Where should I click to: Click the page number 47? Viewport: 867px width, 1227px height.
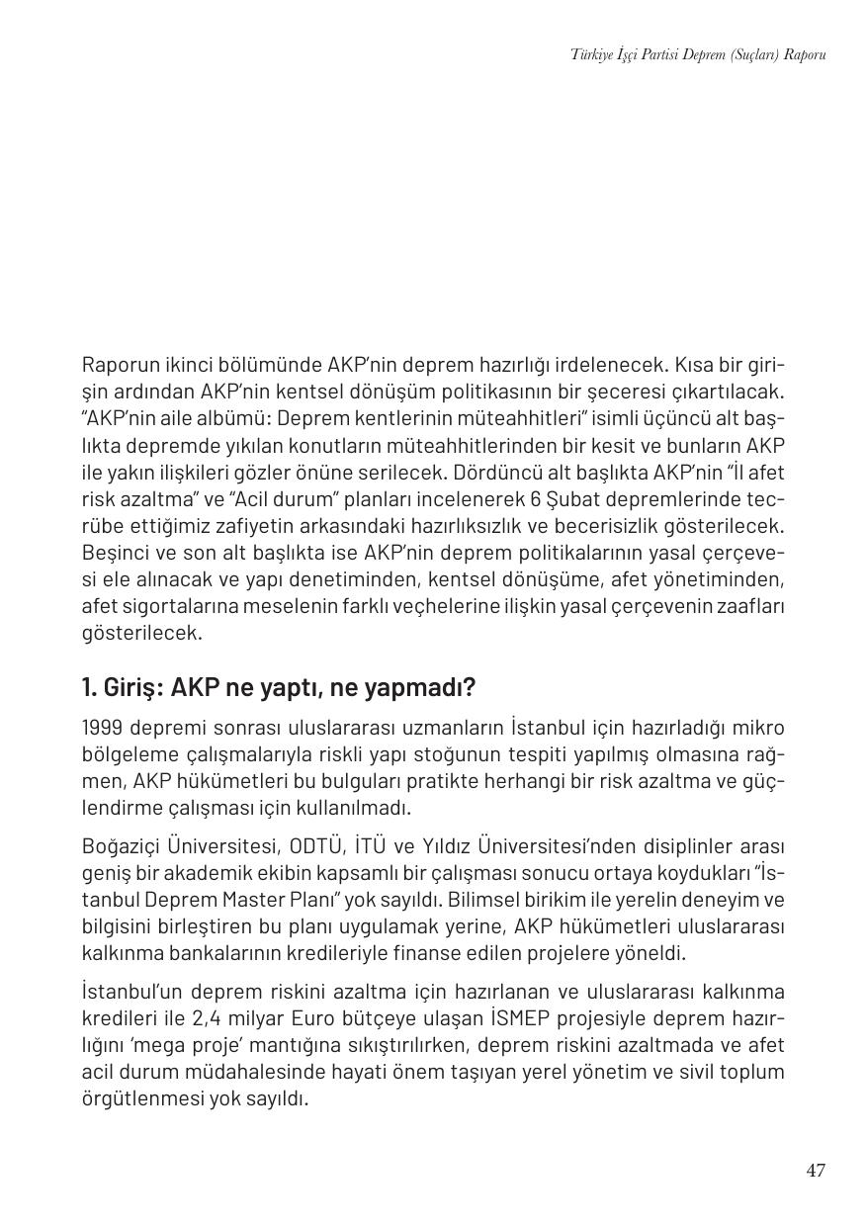tap(815, 1171)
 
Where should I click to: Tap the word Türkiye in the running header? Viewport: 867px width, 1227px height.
tap(591, 54)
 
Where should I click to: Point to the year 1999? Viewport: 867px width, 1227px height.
tap(102, 729)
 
